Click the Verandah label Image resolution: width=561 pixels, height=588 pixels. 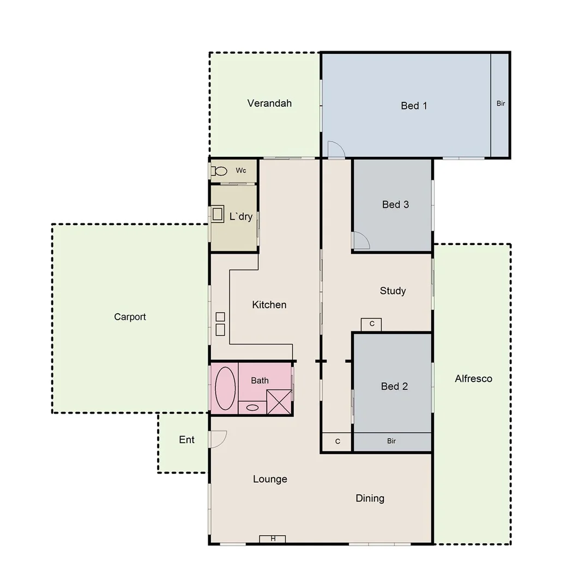coord(269,103)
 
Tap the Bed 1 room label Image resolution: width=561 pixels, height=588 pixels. coord(414,106)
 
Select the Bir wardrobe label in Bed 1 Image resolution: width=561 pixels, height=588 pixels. coord(500,103)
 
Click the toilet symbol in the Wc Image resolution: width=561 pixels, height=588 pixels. coord(219,171)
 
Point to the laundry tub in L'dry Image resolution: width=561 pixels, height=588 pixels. coord(218,214)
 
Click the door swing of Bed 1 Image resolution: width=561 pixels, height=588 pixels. coord(335,149)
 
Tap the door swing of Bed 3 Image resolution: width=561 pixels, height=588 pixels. coord(360,240)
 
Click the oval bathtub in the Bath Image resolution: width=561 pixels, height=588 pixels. coord(225,388)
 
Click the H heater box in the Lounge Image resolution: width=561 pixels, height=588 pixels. coord(273,539)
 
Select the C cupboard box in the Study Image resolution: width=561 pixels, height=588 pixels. coord(371,324)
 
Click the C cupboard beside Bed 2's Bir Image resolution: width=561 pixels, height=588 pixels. coord(337,442)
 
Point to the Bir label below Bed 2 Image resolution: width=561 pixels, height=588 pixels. coord(391,441)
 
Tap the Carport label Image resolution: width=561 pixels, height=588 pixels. coord(130,317)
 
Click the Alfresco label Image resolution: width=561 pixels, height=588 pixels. coord(473,379)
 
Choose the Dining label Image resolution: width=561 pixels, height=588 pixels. coord(370,498)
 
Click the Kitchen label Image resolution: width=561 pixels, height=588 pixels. coord(269,305)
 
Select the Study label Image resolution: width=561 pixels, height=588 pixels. coord(393,291)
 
